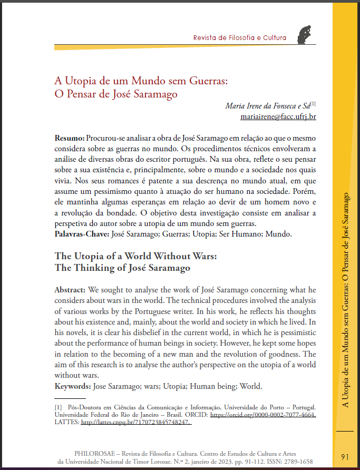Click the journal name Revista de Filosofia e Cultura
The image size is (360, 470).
click(240, 38)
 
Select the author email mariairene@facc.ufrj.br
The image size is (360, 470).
click(278, 116)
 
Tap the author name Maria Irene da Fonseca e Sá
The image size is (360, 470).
click(267, 106)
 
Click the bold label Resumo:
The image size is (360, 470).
click(70, 138)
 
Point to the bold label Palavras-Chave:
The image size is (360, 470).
click(82, 233)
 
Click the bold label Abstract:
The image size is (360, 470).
click(70, 290)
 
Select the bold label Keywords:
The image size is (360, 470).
click(73, 386)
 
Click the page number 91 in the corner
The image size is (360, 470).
click(345, 456)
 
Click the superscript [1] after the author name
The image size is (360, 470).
click(313, 104)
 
